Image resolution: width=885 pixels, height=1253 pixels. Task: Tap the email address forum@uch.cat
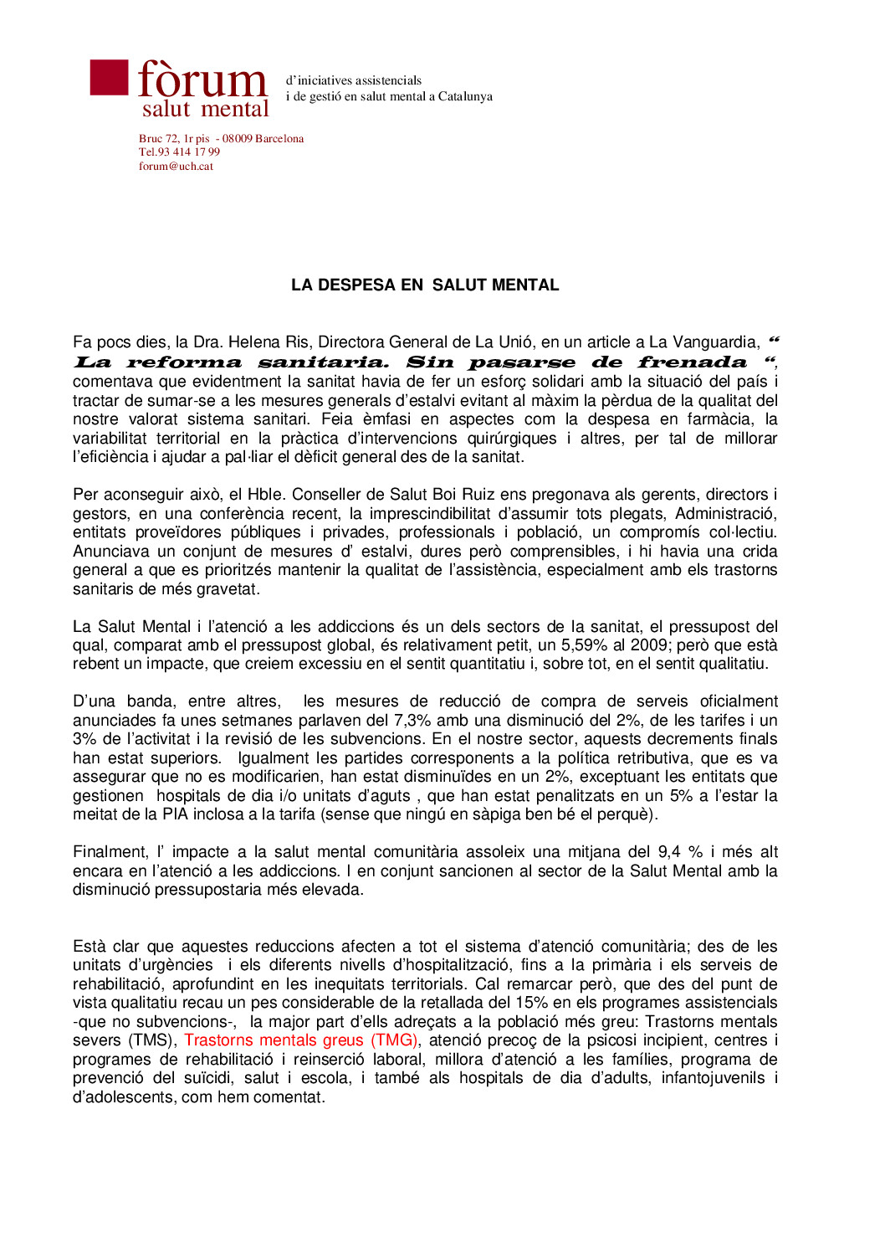coord(176,166)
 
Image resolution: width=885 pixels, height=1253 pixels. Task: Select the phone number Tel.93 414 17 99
coord(179,151)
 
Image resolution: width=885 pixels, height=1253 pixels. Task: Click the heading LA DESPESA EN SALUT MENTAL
coord(425,285)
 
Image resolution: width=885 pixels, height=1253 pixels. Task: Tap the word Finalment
coord(109,852)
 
